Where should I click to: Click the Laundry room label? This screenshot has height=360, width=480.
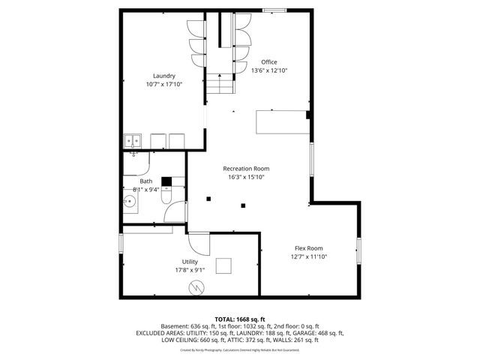tap(164, 76)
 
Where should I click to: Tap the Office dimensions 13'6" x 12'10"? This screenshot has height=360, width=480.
tap(269, 70)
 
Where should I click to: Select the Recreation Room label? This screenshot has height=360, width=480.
tap(246, 169)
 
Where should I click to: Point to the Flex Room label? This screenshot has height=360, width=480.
tap(308, 248)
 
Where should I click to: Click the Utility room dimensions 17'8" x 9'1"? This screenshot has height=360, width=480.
tap(190, 270)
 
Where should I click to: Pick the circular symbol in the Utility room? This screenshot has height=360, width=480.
tap(196, 286)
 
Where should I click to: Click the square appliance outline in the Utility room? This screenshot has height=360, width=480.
tap(224, 266)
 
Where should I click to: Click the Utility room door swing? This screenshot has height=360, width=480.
tap(199, 243)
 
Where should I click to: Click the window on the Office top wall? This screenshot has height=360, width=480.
tap(274, 10)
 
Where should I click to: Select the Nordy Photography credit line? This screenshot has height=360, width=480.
tap(239, 349)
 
